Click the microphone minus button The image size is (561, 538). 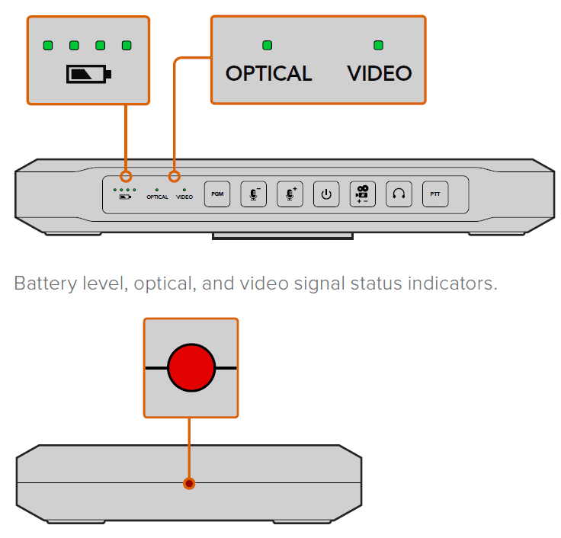click(253, 194)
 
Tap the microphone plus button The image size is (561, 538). click(290, 194)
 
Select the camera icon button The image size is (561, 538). click(362, 194)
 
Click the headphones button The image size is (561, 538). click(399, 194)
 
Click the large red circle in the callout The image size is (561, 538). click(191, 367)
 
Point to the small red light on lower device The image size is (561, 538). click(189, 483)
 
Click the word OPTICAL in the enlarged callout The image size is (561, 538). click(268, 74)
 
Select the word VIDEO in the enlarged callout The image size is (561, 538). click(379, 74)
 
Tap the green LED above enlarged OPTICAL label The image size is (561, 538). click(267, 46)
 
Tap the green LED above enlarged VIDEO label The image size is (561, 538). click(378, 46)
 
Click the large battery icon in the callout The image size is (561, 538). click(88, 75)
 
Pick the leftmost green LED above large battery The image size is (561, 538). click(48, 46)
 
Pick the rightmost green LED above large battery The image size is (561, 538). click(127, 46)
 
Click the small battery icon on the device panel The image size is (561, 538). click(124, 197)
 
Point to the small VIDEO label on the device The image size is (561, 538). click(184, 197)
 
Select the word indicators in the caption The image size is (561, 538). click(456, 284)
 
